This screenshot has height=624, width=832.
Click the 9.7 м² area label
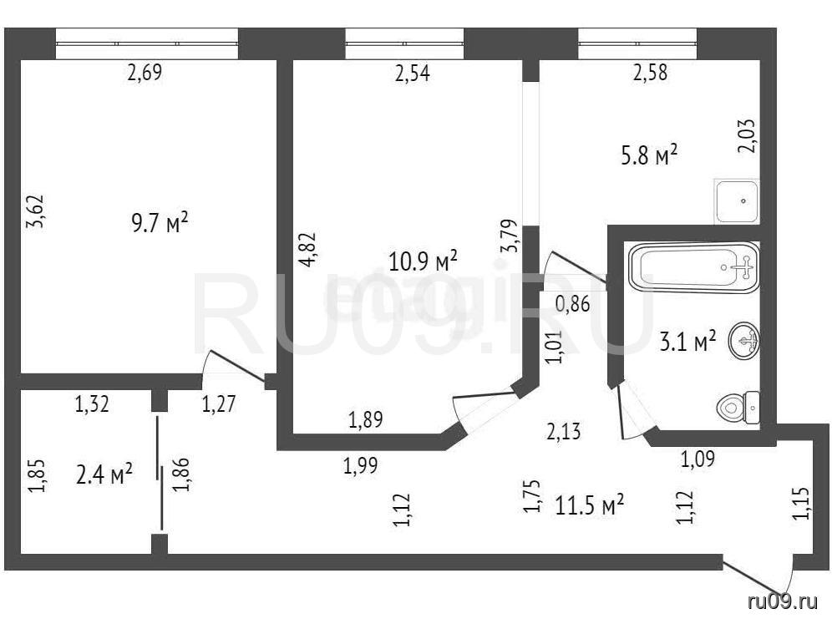click(160, 222)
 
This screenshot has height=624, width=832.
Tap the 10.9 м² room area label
click(423, 261)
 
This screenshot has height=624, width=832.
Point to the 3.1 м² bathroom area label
click(687, 341)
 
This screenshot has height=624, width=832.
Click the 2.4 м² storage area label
click(104, 474)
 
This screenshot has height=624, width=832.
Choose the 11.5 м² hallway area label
click(589, 505)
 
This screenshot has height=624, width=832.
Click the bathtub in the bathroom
click(693, 267)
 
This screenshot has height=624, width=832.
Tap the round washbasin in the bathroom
click(744, 341)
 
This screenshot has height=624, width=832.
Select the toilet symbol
click(738, 408)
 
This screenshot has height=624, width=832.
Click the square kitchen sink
click(737, 201)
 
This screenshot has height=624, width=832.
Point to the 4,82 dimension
click(308, 250)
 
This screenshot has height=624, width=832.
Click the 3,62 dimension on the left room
click(36, 211)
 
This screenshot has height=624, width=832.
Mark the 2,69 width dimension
click(145, 72)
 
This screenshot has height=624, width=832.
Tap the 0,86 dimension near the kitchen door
click(572, 304)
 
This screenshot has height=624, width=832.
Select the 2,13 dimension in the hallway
click(564, 431)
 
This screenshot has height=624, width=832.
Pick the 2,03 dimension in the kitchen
click(747, 136)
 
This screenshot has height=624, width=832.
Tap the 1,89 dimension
click(366, 420)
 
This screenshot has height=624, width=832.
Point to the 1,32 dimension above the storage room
click(92, 404)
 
